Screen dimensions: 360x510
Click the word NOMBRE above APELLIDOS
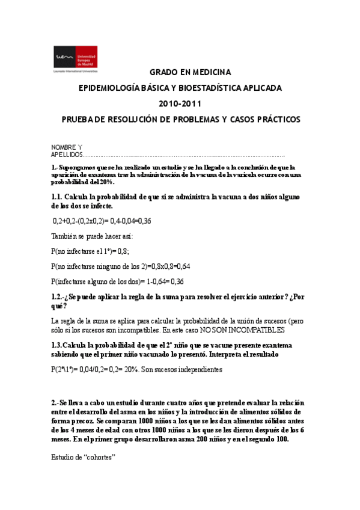(64, 147)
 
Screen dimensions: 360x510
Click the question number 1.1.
(58, 197)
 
